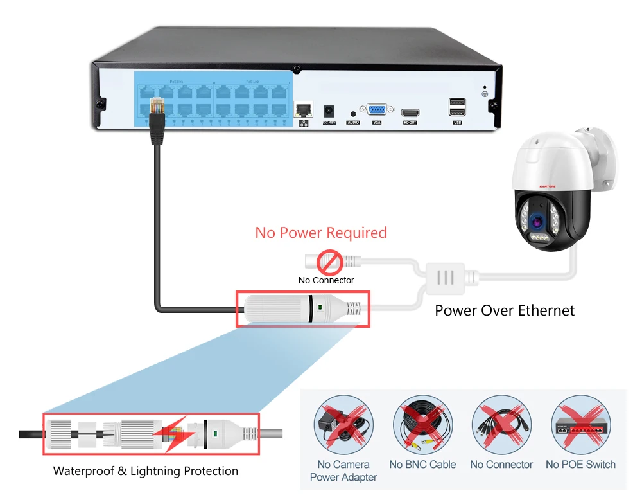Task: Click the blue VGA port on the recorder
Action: coord(376,109)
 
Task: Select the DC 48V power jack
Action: coord(329,110)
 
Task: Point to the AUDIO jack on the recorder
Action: coord(353,113)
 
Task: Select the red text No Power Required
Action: coord(321,233)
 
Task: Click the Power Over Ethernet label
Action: coord(505,310)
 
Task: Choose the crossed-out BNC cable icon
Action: coord(422,425)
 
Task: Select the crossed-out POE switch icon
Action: coord(580,425)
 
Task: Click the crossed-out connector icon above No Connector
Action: coord(501,425)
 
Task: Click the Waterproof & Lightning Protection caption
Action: coord(146,471)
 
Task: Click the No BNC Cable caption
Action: coord(422,465)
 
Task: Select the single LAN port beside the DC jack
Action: coord(303,109)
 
